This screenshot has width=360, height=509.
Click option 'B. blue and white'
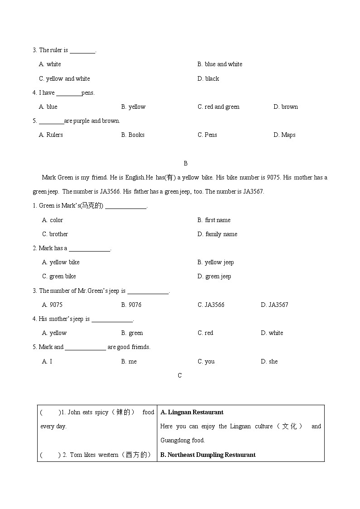pyautogui.click(x=220, y=64)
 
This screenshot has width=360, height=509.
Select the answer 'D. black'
pyautogui.click(x=208, y=79)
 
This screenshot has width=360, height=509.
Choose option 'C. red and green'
pyautogui.click(x=219, y=107)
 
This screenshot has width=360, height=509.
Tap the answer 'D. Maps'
pyautogui.click(x=284, y=135)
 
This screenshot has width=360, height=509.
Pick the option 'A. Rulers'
pyautogui.click(x=51, y=135)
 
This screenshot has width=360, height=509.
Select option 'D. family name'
pyautogui.click(x=217, y=234)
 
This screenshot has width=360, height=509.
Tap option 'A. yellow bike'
pyautogui.click(x=61, y=262)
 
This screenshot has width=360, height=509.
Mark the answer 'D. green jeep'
pyautogui.click(x=214, y=276)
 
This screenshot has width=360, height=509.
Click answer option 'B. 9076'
pyautogui.click(x=131, y=305)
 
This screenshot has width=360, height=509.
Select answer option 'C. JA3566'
pyautogui.click(x=211, y=305)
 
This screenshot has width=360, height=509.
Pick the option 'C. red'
pyautogui.click(x=205, y=333)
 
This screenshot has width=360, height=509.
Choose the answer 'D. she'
pyautogui.click(x=269, y=362)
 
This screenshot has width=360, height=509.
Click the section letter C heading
pyautogui.click(x=180, y=375)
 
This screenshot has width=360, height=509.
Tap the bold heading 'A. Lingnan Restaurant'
pyautogui.click(x=192, y=412)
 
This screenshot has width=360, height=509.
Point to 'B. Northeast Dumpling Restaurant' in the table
pyautogui.click(x=208, y=455)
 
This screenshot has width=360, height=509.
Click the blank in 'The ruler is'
pyautogui.click(x=83, y=51)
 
